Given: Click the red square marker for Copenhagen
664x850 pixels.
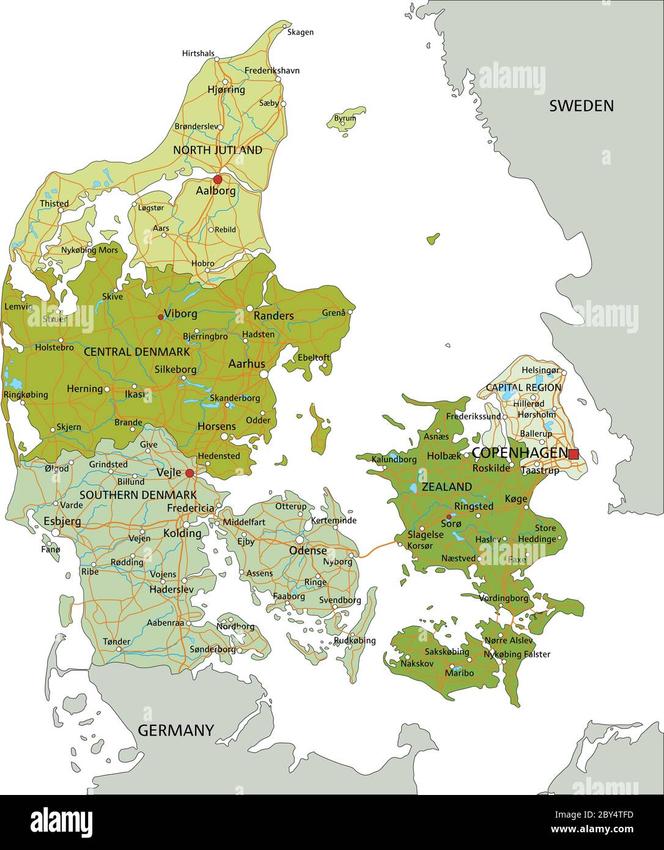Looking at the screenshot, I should click(574, 454).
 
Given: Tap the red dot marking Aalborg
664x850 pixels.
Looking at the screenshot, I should click(218, 179).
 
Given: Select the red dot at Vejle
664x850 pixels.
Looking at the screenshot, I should click(190, 473).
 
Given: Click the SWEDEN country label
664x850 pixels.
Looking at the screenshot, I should click(581, 106).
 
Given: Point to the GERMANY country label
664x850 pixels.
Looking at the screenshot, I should click(175, 730).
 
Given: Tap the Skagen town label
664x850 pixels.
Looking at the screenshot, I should click(300, 32).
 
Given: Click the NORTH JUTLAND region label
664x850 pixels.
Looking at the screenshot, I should click(218, 150).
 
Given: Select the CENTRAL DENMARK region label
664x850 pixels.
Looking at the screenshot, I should click(136, 352).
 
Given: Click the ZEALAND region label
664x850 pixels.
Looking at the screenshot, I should click(446, 487).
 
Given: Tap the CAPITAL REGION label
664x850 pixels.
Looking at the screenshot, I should click(523, 388).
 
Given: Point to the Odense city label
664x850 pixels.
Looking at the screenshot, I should click(308, 550).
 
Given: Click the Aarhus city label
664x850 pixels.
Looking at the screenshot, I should click(246, 364).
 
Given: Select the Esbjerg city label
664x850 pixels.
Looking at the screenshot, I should click(62, 522).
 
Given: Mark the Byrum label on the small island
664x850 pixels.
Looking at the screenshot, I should click(345, 118).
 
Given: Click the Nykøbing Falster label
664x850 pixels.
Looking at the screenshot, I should click(517, 654).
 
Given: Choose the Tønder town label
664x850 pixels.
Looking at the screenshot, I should click(116, 641).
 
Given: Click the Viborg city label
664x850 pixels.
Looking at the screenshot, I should click(180, 314).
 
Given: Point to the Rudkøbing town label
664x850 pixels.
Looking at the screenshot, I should click(355, 641).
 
